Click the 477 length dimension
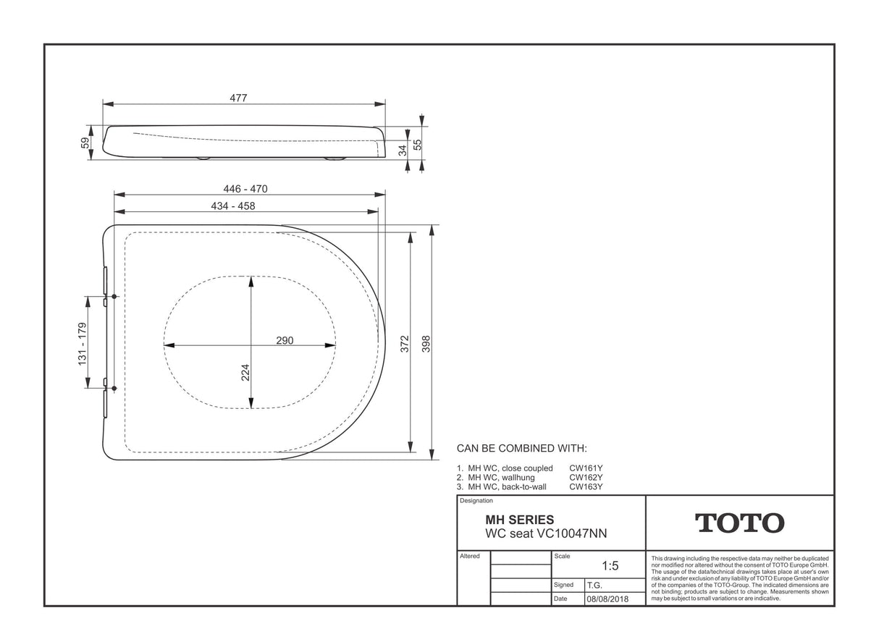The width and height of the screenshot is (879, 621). [238, 98]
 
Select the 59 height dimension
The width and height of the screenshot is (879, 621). [85, 143]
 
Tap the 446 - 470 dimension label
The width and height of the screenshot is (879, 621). [245, 189]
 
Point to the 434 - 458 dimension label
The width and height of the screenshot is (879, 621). [233, 206]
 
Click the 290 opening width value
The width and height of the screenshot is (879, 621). [285, 340]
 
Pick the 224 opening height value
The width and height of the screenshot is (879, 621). [245, 372]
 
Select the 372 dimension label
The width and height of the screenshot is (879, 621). [405, 344]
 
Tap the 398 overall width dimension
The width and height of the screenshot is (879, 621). [426, 344]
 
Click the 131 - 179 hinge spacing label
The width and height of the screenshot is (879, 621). [82, 344]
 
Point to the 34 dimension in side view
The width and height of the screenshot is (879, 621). [403, 151]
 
